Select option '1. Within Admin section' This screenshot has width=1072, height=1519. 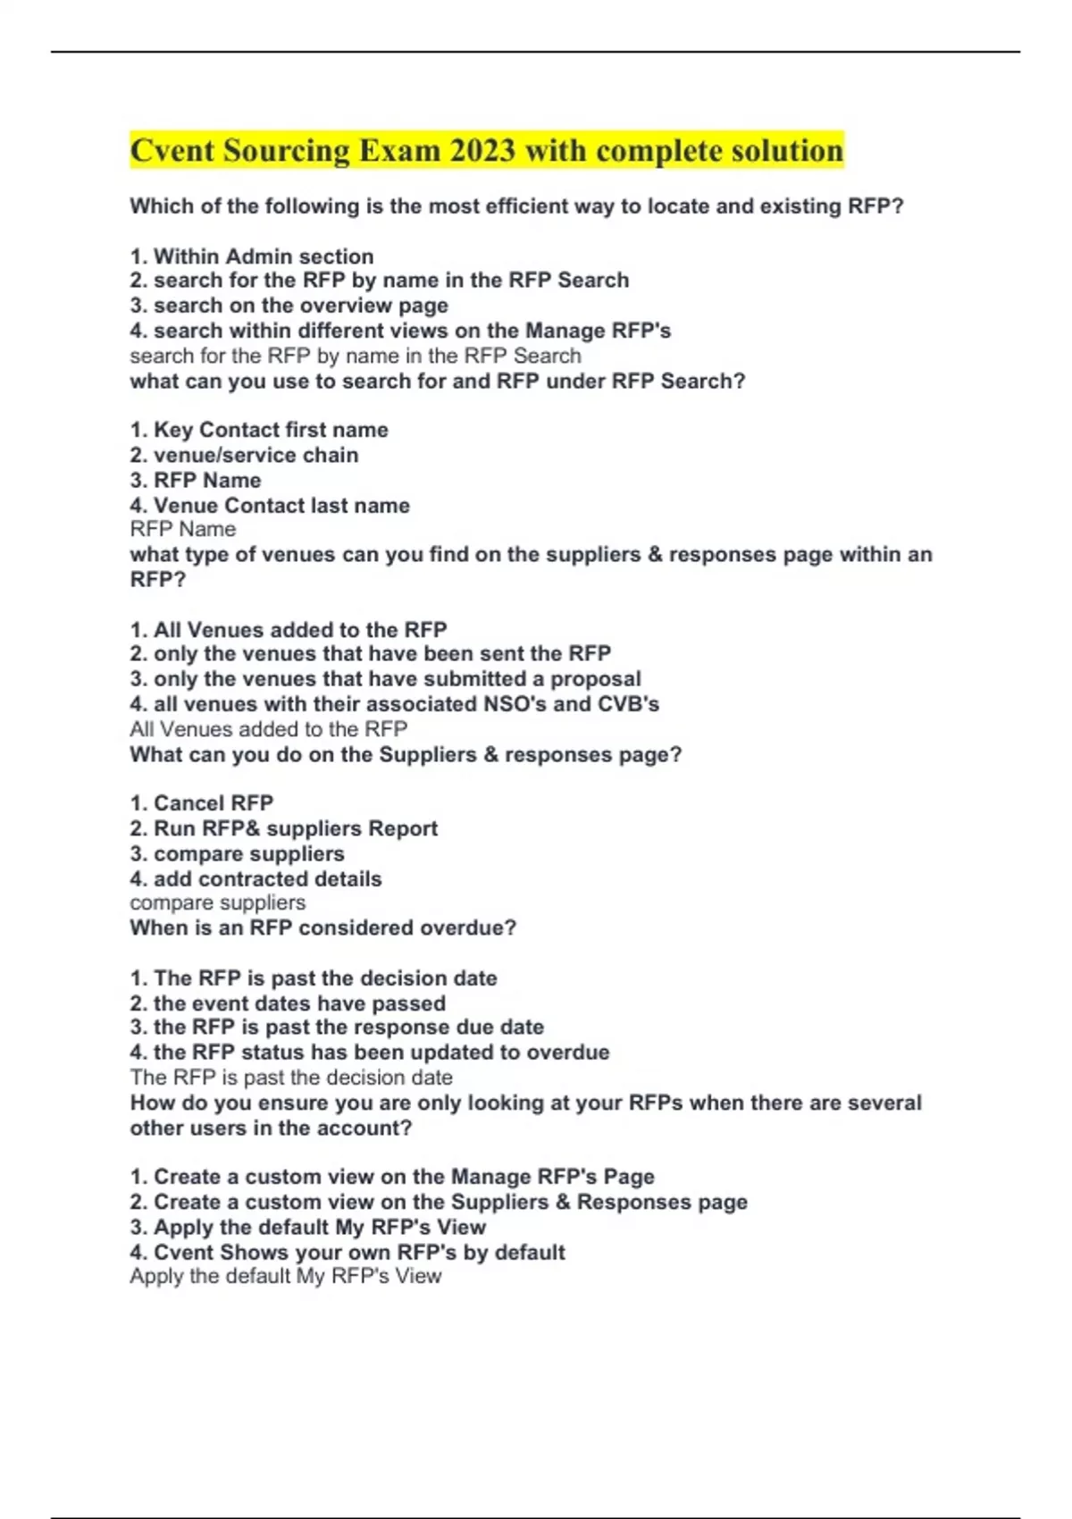[251, 256]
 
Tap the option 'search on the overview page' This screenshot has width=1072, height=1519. [289, 306]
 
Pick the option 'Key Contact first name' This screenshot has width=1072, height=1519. [259, 430]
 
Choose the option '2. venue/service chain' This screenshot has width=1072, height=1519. [244, 455]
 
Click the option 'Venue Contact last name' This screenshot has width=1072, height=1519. [270, 506]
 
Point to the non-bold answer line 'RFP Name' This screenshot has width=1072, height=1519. [183, 529]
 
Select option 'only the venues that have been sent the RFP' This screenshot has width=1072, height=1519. [371, 653]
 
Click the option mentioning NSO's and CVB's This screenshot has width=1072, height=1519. [394, 704]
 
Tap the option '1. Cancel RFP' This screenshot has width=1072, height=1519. [202, 802]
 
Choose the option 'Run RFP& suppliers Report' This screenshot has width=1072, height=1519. [284, 828]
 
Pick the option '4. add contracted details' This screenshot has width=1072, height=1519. [255, 879]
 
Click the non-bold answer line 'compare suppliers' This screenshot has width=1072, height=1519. [218, 902]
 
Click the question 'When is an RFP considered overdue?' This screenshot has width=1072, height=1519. [322, 927]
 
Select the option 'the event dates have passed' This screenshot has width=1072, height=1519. [288, 1003]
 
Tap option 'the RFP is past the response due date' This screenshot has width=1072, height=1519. [337, 1028]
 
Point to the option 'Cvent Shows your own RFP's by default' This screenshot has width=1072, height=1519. [348, 1253]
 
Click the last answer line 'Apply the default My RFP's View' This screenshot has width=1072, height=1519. [286, 1276]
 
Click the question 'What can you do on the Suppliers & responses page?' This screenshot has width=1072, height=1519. [406, 755]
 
